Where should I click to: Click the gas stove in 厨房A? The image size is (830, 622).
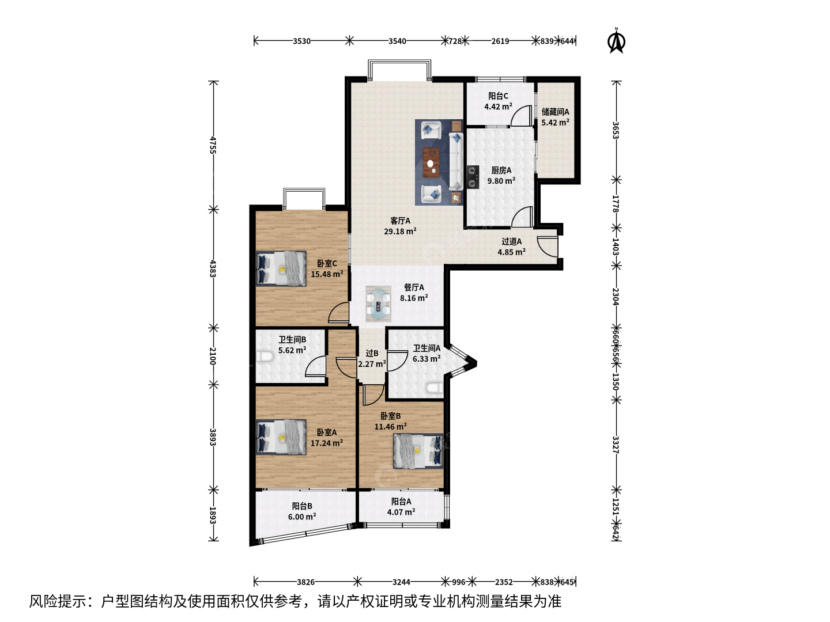(x=473, y=177)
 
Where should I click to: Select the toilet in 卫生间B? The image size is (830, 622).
(x=265, y=356)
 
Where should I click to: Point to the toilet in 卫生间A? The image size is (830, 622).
(x=434, y=387)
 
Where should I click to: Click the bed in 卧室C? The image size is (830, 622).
(x=281, y=268)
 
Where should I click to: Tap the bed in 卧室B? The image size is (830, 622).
(x=418, y=450)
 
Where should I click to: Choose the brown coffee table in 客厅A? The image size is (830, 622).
(x=432, y=162)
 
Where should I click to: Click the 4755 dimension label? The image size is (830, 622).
(x=213, y=145)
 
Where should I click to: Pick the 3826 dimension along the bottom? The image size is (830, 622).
(x=305, y=582)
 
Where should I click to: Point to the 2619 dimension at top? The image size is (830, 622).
(x=500, y=41)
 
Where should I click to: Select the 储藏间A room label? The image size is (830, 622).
(x=555, y=112)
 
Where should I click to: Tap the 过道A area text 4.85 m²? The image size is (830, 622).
(x=511, y=252)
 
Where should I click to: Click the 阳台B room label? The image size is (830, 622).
(x=302, y=506)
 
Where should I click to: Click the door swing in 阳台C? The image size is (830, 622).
(x=522, y=115)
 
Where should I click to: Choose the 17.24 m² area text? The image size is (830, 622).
(x=327, y=443)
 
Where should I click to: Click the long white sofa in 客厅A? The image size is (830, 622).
(x=456, y=161)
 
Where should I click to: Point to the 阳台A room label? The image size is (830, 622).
(x=401, y=502)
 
